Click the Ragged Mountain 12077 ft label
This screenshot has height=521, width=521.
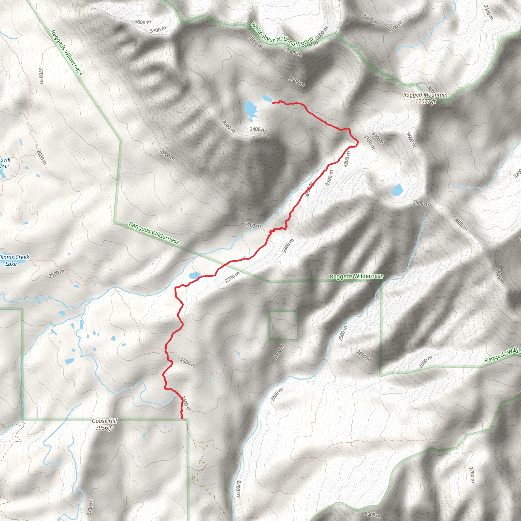click(x=425, y=98)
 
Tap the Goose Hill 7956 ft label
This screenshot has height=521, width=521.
click(x=104, y=424)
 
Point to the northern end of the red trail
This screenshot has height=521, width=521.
click(x=273, y=103)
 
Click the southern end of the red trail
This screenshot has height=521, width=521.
click(x=183, y=418)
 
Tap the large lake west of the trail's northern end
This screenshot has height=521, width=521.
click(x=250, y=110)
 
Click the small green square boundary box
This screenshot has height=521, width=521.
click(x=283, y=325)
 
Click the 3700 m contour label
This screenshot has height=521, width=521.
click(x=158, y=30)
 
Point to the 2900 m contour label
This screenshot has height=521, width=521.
click(x=167, y=155)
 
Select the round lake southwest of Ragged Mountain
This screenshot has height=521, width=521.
click(x=397, y=190)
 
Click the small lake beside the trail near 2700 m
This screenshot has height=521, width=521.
click(x=194, y=275)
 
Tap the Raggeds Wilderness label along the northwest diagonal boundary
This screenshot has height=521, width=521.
click(x=66, y=52)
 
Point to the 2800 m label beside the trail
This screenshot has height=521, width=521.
click(x=288, y=246)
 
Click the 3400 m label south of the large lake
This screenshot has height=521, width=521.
click(x=257, y=129)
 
